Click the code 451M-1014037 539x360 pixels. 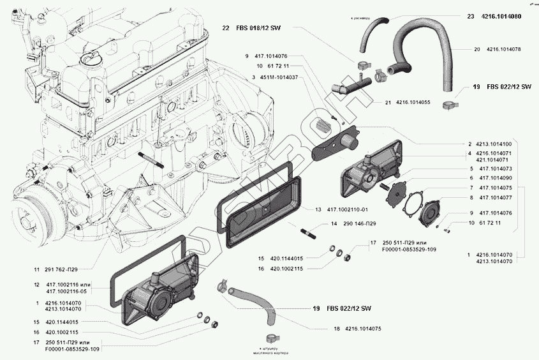(278, 77)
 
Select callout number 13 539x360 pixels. (318, 209)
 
